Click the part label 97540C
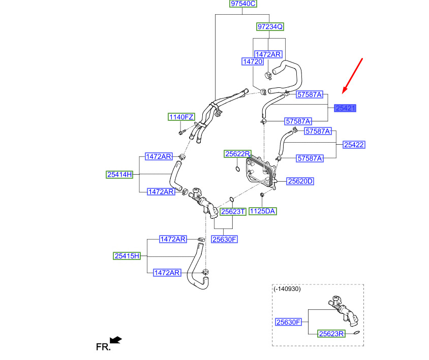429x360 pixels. tap(243, 4)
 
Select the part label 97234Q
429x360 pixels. tap(270, 26)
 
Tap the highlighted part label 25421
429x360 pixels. tap(345, 108)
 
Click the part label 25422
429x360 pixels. tap(354, 145)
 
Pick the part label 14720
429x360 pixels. tap(253, 61)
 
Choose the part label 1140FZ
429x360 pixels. tap(181, 117)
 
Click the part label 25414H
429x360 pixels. tap(119, 174)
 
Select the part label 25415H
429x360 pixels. tap(127, 256)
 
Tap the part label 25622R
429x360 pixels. tap(237, 154)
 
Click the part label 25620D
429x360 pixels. tap(300, 181)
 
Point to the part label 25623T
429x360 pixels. tap(233, 212)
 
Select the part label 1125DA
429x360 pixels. tap(262, 211)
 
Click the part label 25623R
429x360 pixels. tap(331, 334)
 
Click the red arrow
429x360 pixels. tap(352, 76)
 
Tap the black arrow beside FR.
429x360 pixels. tap(116, 340)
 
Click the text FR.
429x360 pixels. tap(103, 347)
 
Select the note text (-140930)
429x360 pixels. tap(287, 289)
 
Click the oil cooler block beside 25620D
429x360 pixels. tap(261, 172)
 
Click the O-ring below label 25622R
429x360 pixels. tap(237, 169)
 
